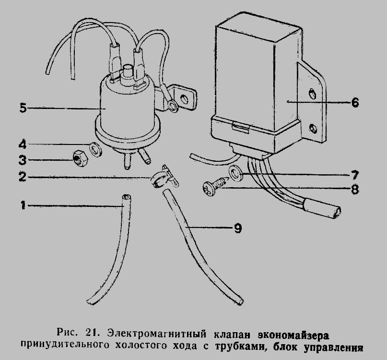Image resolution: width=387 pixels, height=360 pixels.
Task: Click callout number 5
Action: point(23,108)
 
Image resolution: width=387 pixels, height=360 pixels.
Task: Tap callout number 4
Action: point(23,144)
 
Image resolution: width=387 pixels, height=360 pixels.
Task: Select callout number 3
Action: point(23,160)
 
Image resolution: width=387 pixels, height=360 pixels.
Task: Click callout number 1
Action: point(23,206)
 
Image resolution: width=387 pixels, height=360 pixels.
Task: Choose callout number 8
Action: point(354,189)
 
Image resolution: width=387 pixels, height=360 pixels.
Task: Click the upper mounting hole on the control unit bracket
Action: point(312,92)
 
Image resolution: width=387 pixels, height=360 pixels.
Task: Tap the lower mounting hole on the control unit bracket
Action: point(313,128)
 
